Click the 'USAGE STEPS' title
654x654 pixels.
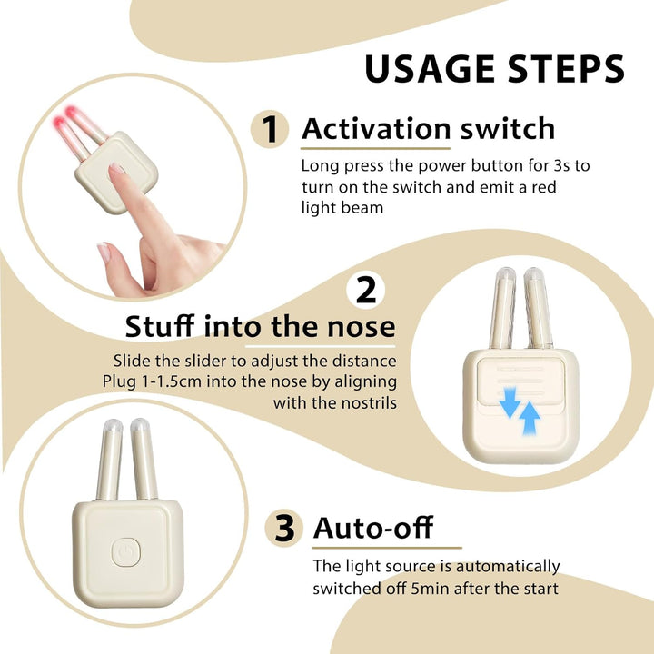tap(494, 69)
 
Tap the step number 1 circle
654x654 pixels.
tap(270, 130)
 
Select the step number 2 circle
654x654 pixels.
tap(366, 291)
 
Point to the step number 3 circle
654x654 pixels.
tap(284, 528)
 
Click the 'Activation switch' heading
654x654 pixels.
tap(428, 129)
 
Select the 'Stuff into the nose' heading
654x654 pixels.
tap(260, 326)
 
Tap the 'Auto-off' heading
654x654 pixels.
tap(373, 527)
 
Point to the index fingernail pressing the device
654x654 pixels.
tap(116, 170)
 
